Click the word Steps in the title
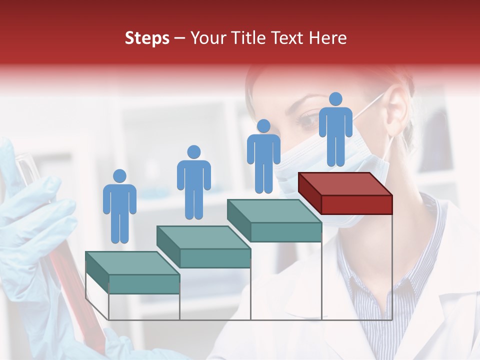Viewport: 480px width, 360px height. click(147, 38)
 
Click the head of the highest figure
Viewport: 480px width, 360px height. click(335, 99)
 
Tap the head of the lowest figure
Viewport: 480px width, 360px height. click(119, 176)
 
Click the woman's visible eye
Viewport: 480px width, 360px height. click(306, 120)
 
